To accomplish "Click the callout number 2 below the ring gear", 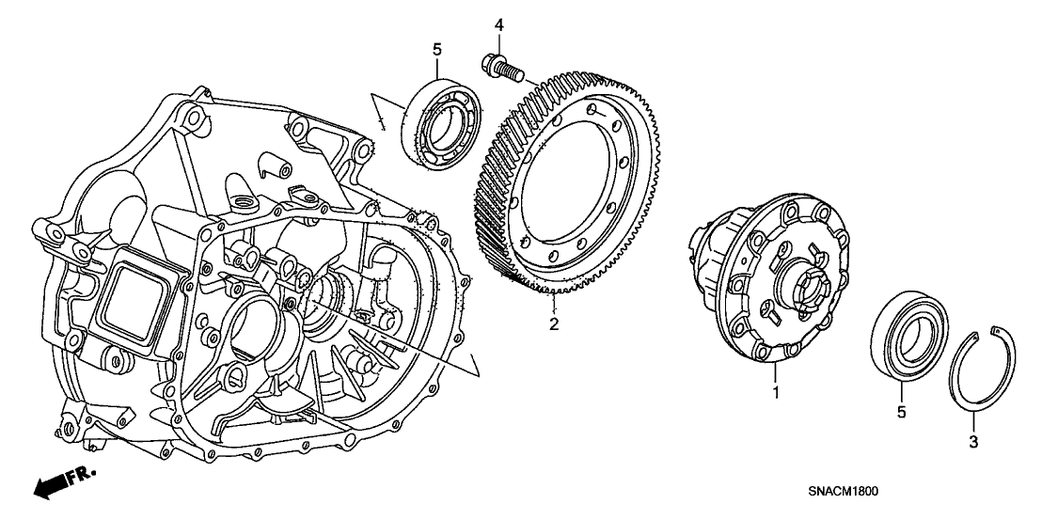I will [555, 325].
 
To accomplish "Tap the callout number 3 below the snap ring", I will [973, 441].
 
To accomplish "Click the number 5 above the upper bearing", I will [437, 47].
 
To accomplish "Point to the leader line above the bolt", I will [500, 41].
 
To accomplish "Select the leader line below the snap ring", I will [974, 421].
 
